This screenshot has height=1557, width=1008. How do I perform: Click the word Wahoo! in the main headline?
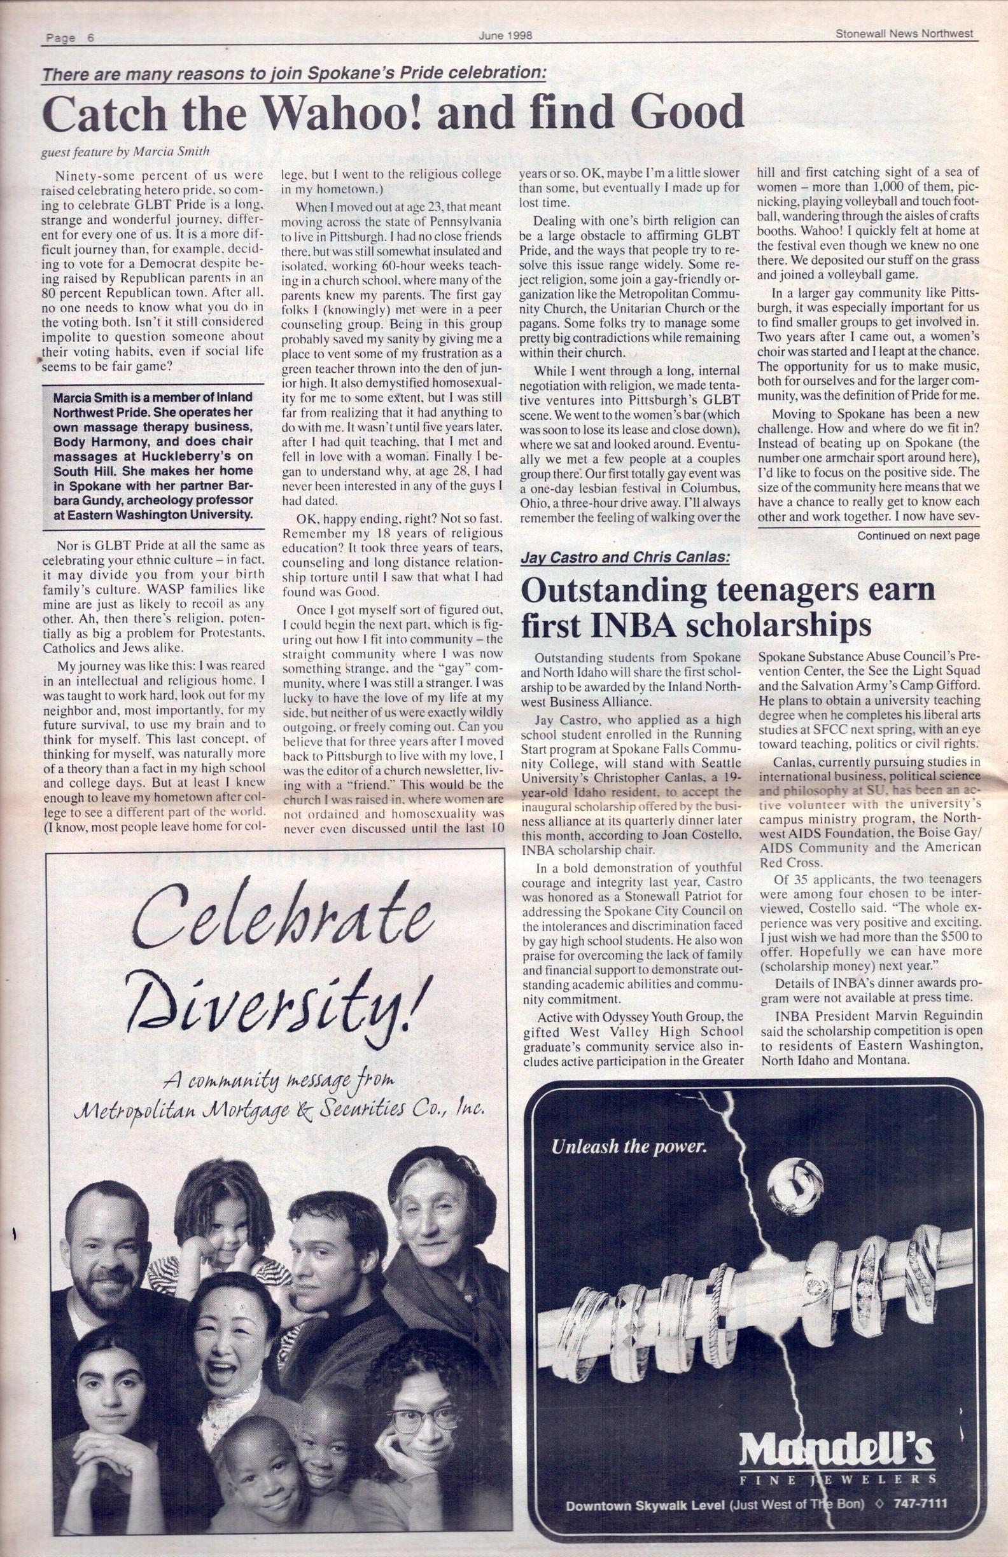click(346, 113)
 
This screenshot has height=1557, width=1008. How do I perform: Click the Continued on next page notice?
click(918, 536)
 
